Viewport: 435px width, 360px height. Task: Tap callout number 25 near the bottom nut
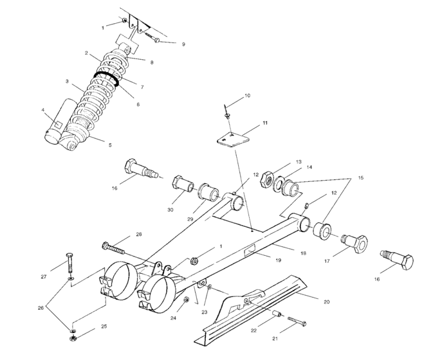[104, 327]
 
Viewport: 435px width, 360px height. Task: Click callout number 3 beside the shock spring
[67, 82]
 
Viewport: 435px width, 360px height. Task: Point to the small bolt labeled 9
[154, 39]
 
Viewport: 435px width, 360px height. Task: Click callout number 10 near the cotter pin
[248, 96]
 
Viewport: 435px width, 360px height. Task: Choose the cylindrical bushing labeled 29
[207, 192]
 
